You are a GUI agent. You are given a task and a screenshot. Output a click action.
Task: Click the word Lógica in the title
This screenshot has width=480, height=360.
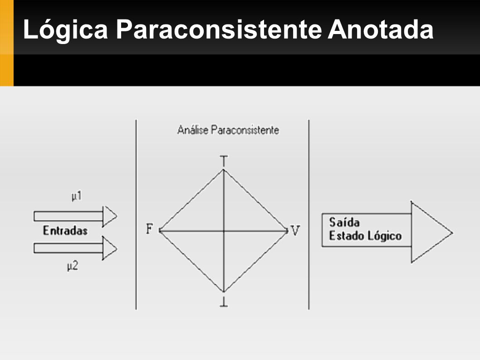(x=65, y=30)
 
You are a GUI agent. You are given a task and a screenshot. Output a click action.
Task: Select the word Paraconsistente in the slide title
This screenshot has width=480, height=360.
(x=219, y=30)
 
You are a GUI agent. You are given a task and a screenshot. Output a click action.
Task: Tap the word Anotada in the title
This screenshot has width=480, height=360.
(x=381, y=30)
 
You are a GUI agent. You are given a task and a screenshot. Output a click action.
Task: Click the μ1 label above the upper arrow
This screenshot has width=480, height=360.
(x=77, y=196)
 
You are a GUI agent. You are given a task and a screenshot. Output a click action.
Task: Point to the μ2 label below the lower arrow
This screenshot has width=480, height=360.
(x=73, y=266)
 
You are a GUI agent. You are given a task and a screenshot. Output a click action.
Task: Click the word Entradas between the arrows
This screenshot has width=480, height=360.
(x=65, y=231)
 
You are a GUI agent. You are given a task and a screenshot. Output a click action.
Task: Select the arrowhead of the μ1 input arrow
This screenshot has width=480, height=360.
(x=110, y=216)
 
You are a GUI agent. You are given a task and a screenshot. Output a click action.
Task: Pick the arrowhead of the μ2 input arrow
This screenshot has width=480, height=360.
(x=110, y=248)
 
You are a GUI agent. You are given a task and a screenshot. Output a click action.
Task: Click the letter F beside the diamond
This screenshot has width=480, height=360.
(x=149, y=229)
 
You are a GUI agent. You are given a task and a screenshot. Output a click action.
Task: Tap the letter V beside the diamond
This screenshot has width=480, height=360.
(x=295, y=231)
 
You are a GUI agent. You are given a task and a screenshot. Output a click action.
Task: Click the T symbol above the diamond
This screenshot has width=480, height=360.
(x=224, y=161)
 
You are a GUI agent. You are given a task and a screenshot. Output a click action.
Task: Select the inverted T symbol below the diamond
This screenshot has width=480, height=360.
(x=224, y=301)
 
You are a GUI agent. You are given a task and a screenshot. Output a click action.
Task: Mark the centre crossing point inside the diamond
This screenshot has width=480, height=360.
(x=224, y=231)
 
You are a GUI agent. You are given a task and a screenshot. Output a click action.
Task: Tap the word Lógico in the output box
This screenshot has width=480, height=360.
(x=384, y=236)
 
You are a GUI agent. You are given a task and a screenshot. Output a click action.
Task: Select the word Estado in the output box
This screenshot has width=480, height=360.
(x=347, y=236)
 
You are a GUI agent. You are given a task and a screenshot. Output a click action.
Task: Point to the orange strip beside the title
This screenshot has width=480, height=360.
(x=7, y=43)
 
